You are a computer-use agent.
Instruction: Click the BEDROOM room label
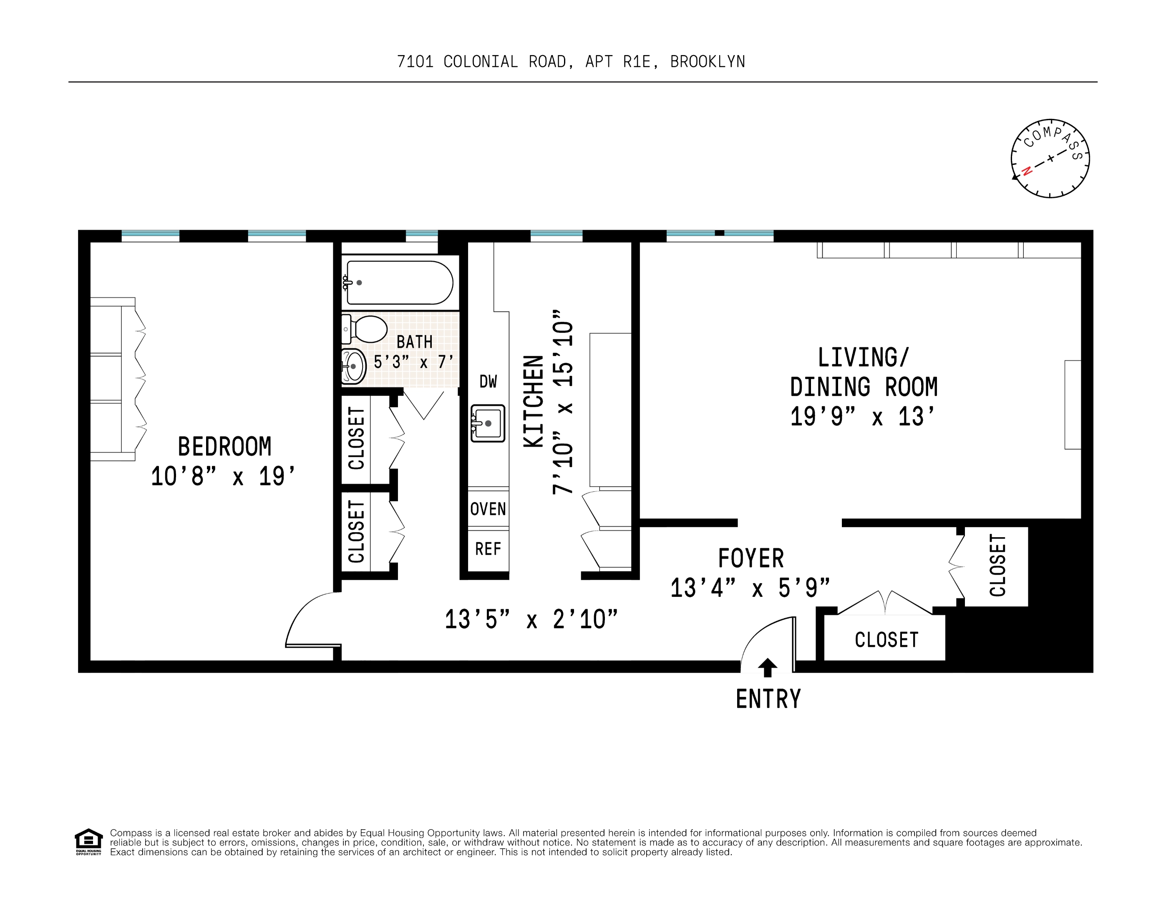224,447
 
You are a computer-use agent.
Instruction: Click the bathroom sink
353,366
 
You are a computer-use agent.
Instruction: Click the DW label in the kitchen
488,382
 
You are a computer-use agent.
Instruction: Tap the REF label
488,549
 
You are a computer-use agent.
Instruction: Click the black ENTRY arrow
768,667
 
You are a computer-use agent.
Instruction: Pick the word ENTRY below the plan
768,699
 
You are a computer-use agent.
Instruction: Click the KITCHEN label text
533,401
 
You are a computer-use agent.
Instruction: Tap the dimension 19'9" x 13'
863,417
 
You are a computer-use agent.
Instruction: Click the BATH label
414,342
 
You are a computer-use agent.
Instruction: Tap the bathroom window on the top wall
422,234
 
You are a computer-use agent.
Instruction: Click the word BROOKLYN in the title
708,62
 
